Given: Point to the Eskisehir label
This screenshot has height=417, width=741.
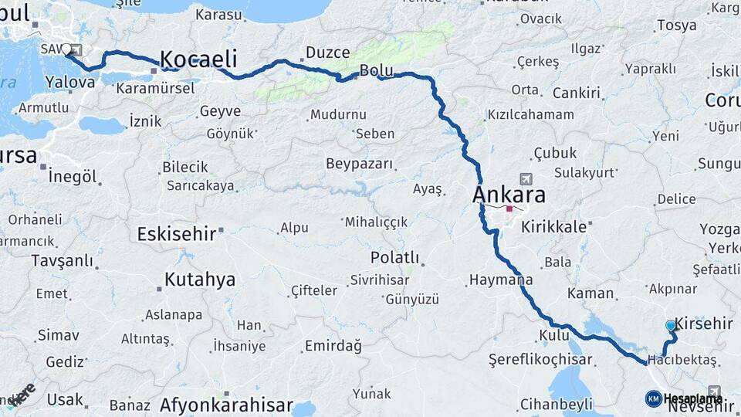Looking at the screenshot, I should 177,233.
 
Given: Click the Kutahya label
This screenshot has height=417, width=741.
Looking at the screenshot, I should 200,280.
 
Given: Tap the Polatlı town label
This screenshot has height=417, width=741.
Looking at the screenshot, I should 394,257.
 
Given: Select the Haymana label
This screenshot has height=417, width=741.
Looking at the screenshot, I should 501,280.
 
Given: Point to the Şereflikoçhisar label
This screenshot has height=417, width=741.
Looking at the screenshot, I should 540,360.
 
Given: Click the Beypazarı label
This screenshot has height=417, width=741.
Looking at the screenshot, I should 359,164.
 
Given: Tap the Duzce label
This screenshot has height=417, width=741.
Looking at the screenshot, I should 327,53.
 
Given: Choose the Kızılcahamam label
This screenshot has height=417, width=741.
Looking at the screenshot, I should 530,114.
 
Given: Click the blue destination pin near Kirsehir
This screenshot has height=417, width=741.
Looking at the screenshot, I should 671,327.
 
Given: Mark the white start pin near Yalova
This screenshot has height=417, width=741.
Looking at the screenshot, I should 66,50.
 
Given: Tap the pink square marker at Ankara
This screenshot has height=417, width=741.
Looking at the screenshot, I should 509,208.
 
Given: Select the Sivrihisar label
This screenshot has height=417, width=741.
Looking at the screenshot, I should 379,280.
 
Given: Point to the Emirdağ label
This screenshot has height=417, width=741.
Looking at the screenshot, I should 333,345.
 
